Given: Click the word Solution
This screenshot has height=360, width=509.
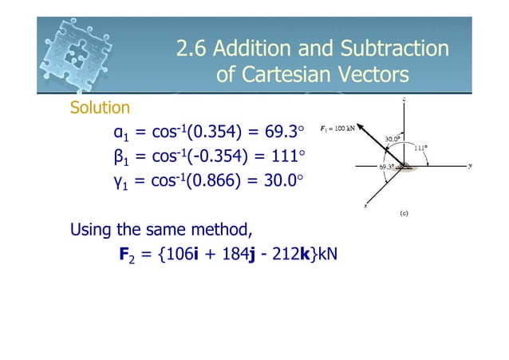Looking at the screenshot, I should pyautogui.click(x=101, y=107).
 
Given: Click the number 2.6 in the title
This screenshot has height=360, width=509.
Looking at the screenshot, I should pyautogui.click(x=191, y=49).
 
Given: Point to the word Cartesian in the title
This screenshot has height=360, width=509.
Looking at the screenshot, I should pyautogui.click(x=282, y=75).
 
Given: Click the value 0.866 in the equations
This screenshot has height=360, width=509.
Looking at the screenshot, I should pyautogui.click(x=213, y=180).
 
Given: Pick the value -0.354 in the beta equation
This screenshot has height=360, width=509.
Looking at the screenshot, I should pyautogui.click(x=215, y=156).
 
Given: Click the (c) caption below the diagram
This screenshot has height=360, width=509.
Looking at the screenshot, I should pyautogui.click(x=405, y=214).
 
